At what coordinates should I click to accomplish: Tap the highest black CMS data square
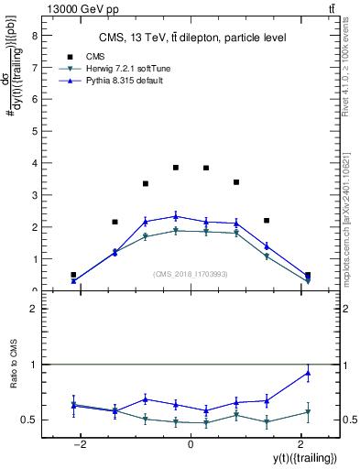tap(176, 168)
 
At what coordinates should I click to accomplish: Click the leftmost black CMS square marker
tap(73, 275)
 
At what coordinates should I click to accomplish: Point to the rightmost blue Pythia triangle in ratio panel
tap(308, 373)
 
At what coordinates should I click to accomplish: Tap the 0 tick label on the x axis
tap(191, 444)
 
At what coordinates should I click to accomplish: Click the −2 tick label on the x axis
tap(81, 444)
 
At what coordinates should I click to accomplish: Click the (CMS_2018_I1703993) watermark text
tap(191, 274)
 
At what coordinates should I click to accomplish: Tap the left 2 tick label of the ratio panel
tap(34, 310)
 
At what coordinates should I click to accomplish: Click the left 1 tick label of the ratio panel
tap(34, 365)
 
